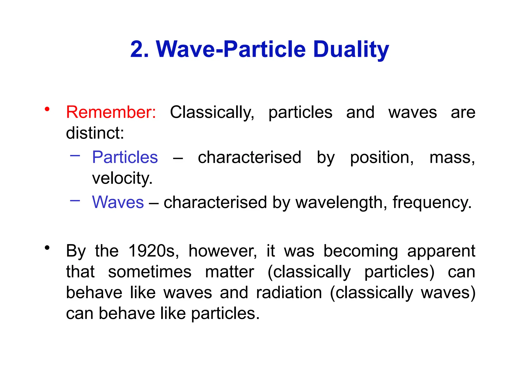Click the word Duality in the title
tap(351, 50)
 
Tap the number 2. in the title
tap(139, 50)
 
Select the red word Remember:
tap(111, 112)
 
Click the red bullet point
tap(47, 109)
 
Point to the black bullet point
tap(47, 248)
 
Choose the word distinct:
tap(95, 133)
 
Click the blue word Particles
tap(125, 157)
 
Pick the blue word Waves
tap(118, 202)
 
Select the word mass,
tap(452, 157)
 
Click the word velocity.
tap(122, 178)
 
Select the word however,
tap(223, 251)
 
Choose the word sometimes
tap(150, 272)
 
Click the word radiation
tap(289, 293)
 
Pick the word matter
tap(230, 272)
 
